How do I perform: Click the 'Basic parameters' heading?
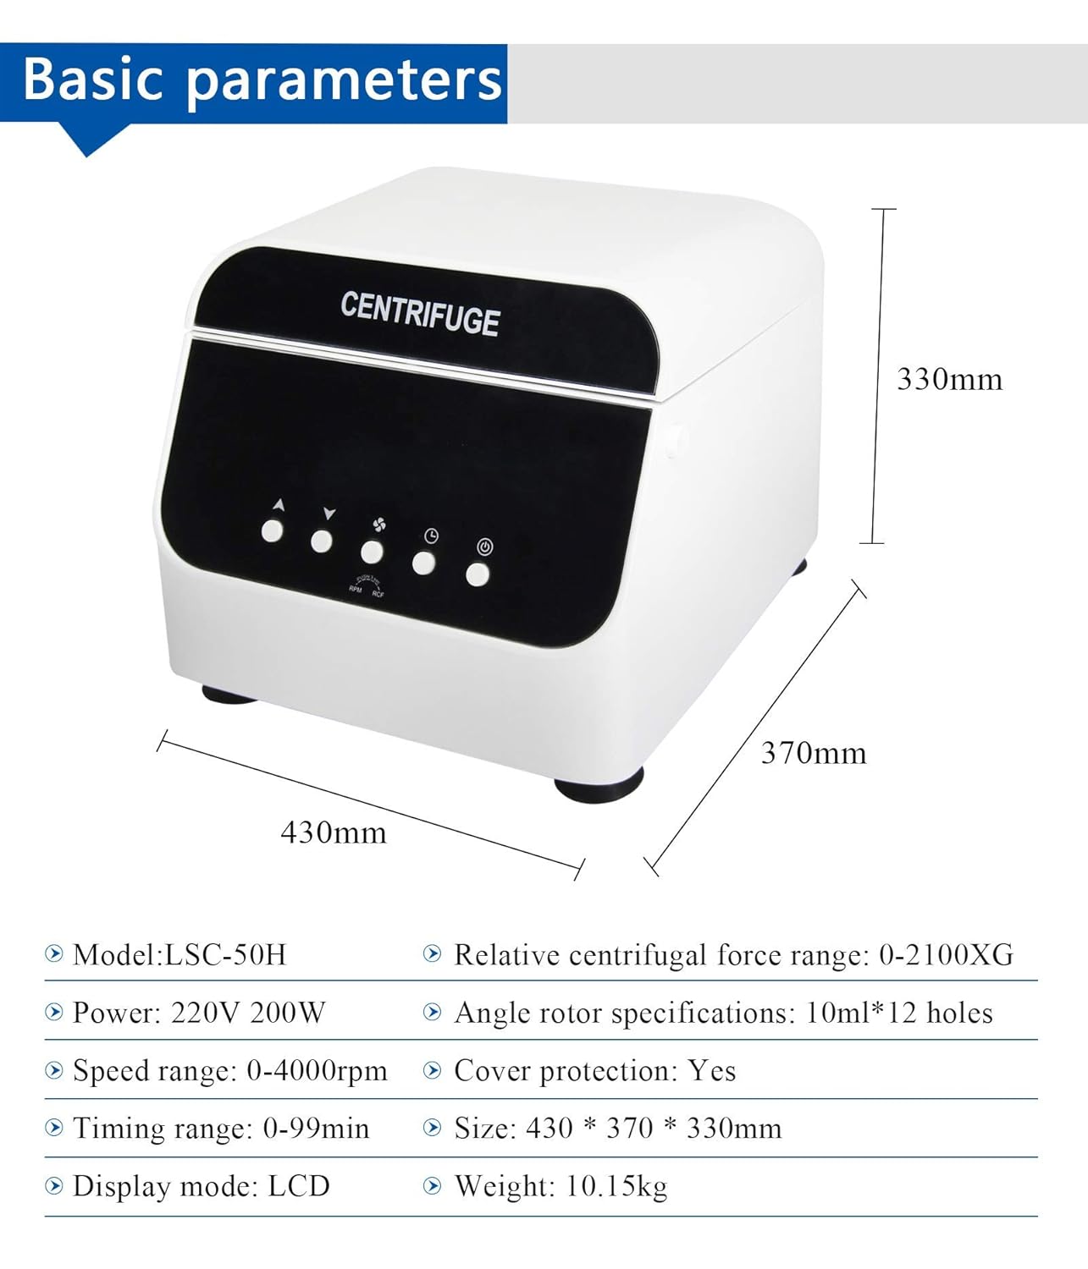262,80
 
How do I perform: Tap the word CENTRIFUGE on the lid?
420,315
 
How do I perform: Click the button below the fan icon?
372,552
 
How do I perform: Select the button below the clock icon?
424,563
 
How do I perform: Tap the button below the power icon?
478,574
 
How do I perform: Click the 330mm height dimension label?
949,379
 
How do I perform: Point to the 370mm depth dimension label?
813,753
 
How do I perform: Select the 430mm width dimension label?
334,832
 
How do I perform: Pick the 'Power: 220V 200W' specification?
199,1013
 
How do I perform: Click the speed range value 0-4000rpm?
317,1071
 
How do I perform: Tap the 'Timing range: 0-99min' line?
221,1129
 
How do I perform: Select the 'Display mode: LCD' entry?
202,1186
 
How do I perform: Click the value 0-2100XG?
946,955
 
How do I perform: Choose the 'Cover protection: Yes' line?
594,1071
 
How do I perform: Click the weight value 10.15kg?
616,1186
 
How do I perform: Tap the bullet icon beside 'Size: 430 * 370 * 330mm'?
433,1128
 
